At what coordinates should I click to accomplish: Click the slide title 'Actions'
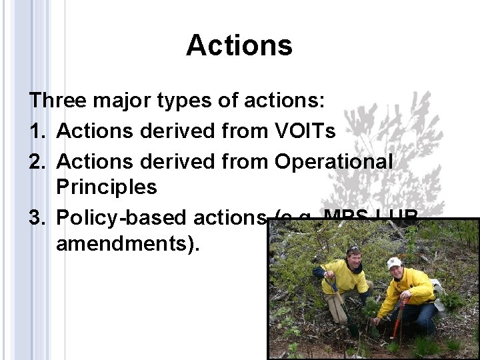239,46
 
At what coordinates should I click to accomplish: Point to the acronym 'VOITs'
305,131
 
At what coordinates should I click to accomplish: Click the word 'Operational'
333,161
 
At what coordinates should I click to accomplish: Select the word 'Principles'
107,187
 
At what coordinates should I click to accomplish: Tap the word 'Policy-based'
121,217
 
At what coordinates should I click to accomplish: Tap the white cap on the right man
395,263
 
